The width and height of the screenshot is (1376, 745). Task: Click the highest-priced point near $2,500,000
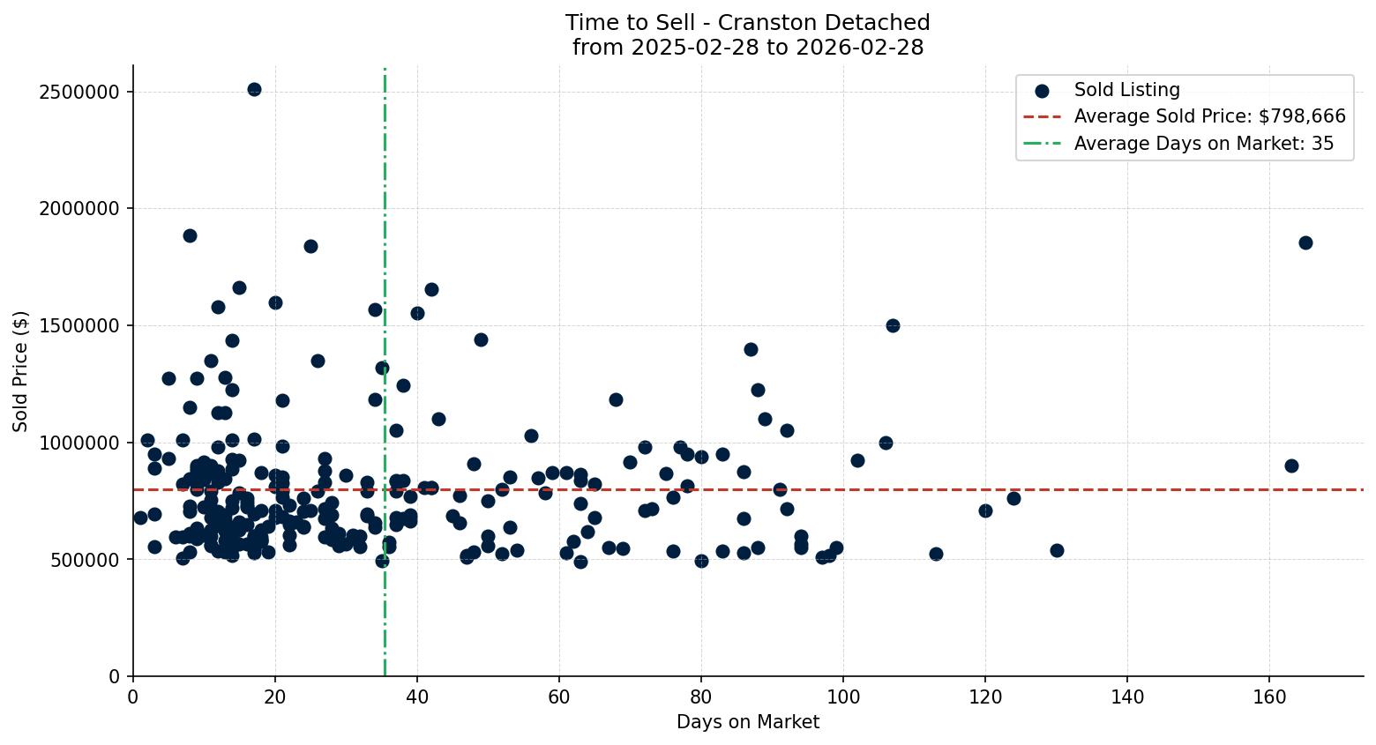tap(254, 89)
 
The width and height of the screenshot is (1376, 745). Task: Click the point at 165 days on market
tap(1305, 242)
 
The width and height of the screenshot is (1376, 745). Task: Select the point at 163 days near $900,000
tap(1291, 466)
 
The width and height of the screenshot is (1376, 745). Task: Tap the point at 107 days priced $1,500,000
tap(893, 325)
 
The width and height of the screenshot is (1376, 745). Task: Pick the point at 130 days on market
tap(1057, 550)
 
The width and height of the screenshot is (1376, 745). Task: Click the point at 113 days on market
tap(936, 554)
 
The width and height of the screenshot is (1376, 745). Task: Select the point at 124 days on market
tap(1013, 498)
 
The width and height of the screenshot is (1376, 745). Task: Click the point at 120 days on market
tap(985, 510)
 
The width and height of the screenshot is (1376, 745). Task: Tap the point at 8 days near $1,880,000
tap(190, 235)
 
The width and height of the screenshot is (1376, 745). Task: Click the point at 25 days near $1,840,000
tap(310, 246)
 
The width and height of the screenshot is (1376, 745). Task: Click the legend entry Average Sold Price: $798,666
tap(1209, 116)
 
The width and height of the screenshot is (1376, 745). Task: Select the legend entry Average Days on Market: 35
tap(1203, 144)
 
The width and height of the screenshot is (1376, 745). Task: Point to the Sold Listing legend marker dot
tap(1042, 90)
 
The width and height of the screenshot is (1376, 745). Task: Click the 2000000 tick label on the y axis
tap(80, 209)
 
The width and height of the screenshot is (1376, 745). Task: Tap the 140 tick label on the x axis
tap(1127, 697)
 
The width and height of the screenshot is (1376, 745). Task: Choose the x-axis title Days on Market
tap(747, 722)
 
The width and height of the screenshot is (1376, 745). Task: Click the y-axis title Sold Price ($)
tap(20, 371)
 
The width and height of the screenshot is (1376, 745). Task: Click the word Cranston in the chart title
tap(764, 23)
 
